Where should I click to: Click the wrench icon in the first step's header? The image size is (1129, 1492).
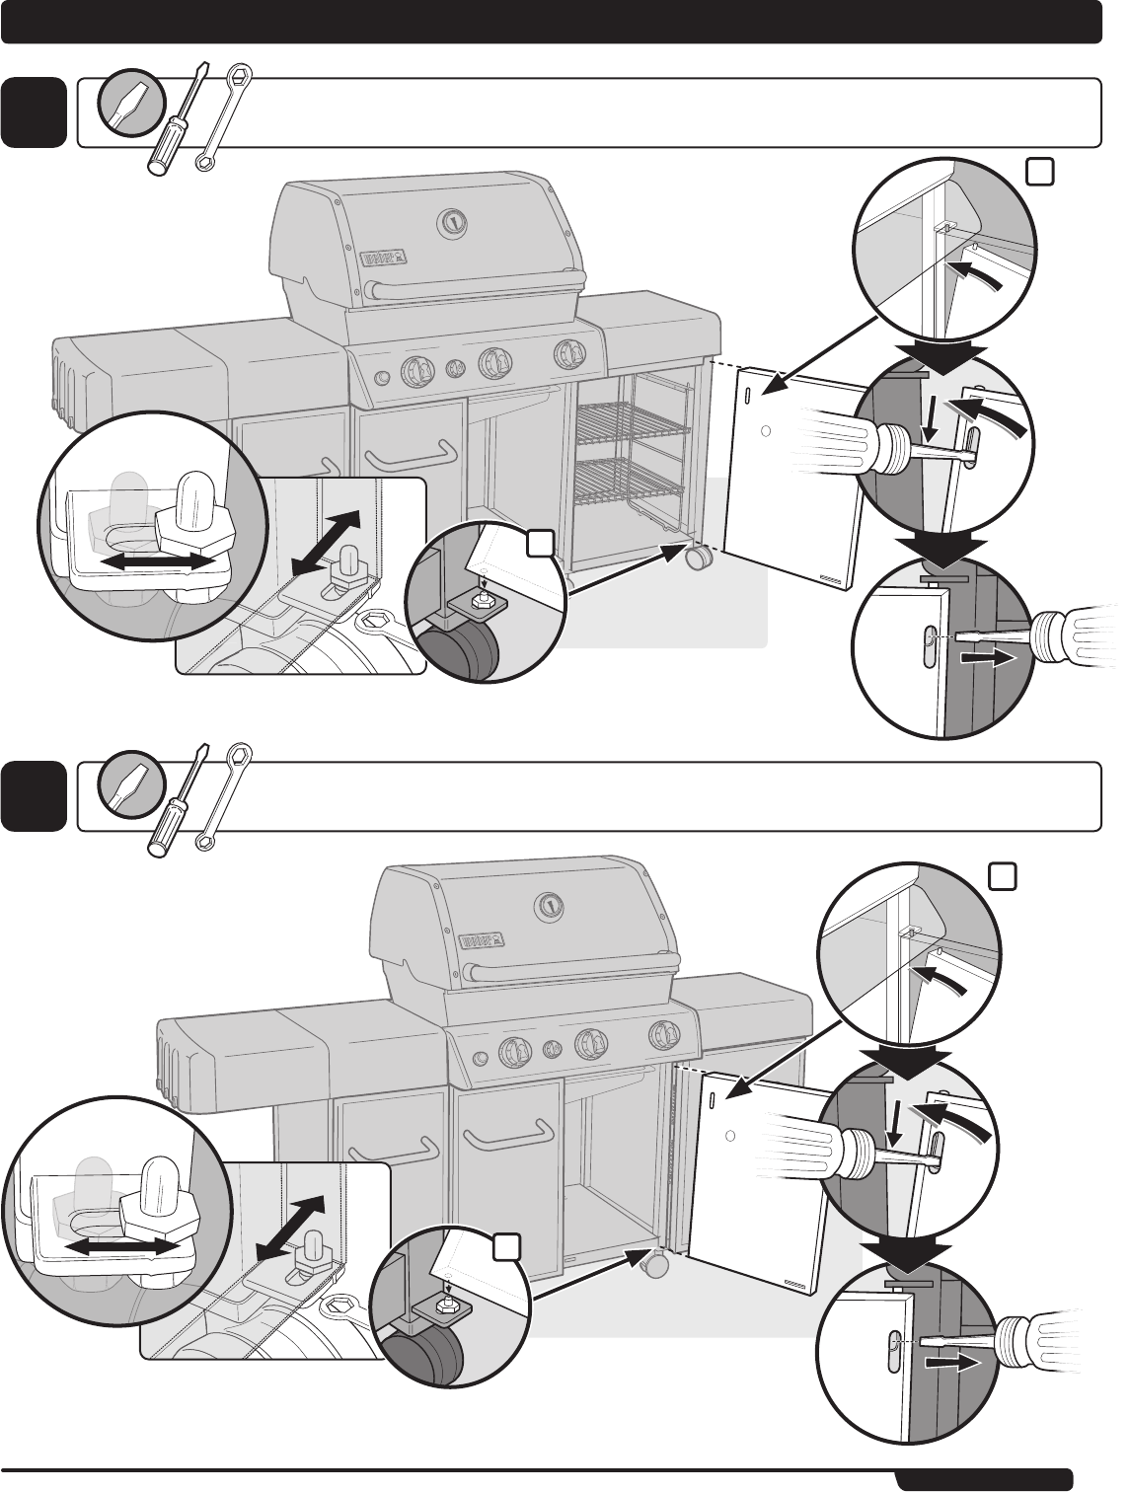[x=223, y=116]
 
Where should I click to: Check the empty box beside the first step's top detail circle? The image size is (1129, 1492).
[x=1039, y=172]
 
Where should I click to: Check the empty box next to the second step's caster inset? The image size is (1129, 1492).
[x=507, y=1247]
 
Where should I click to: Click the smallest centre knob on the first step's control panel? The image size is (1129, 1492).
[x=455, y=369]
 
